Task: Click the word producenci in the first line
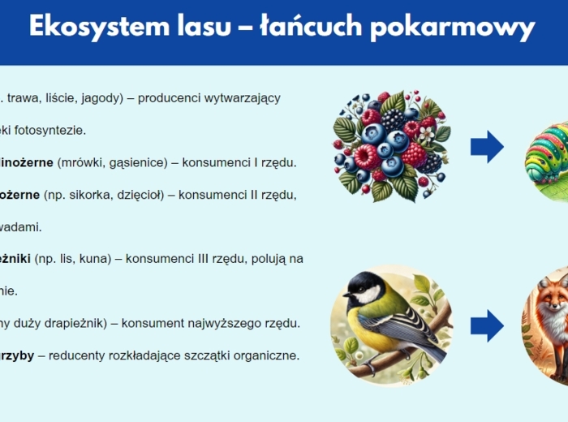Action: [x=169, y=98]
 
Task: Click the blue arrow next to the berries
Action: [x=487, y=147]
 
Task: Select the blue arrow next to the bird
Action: [x=487, y=324]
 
